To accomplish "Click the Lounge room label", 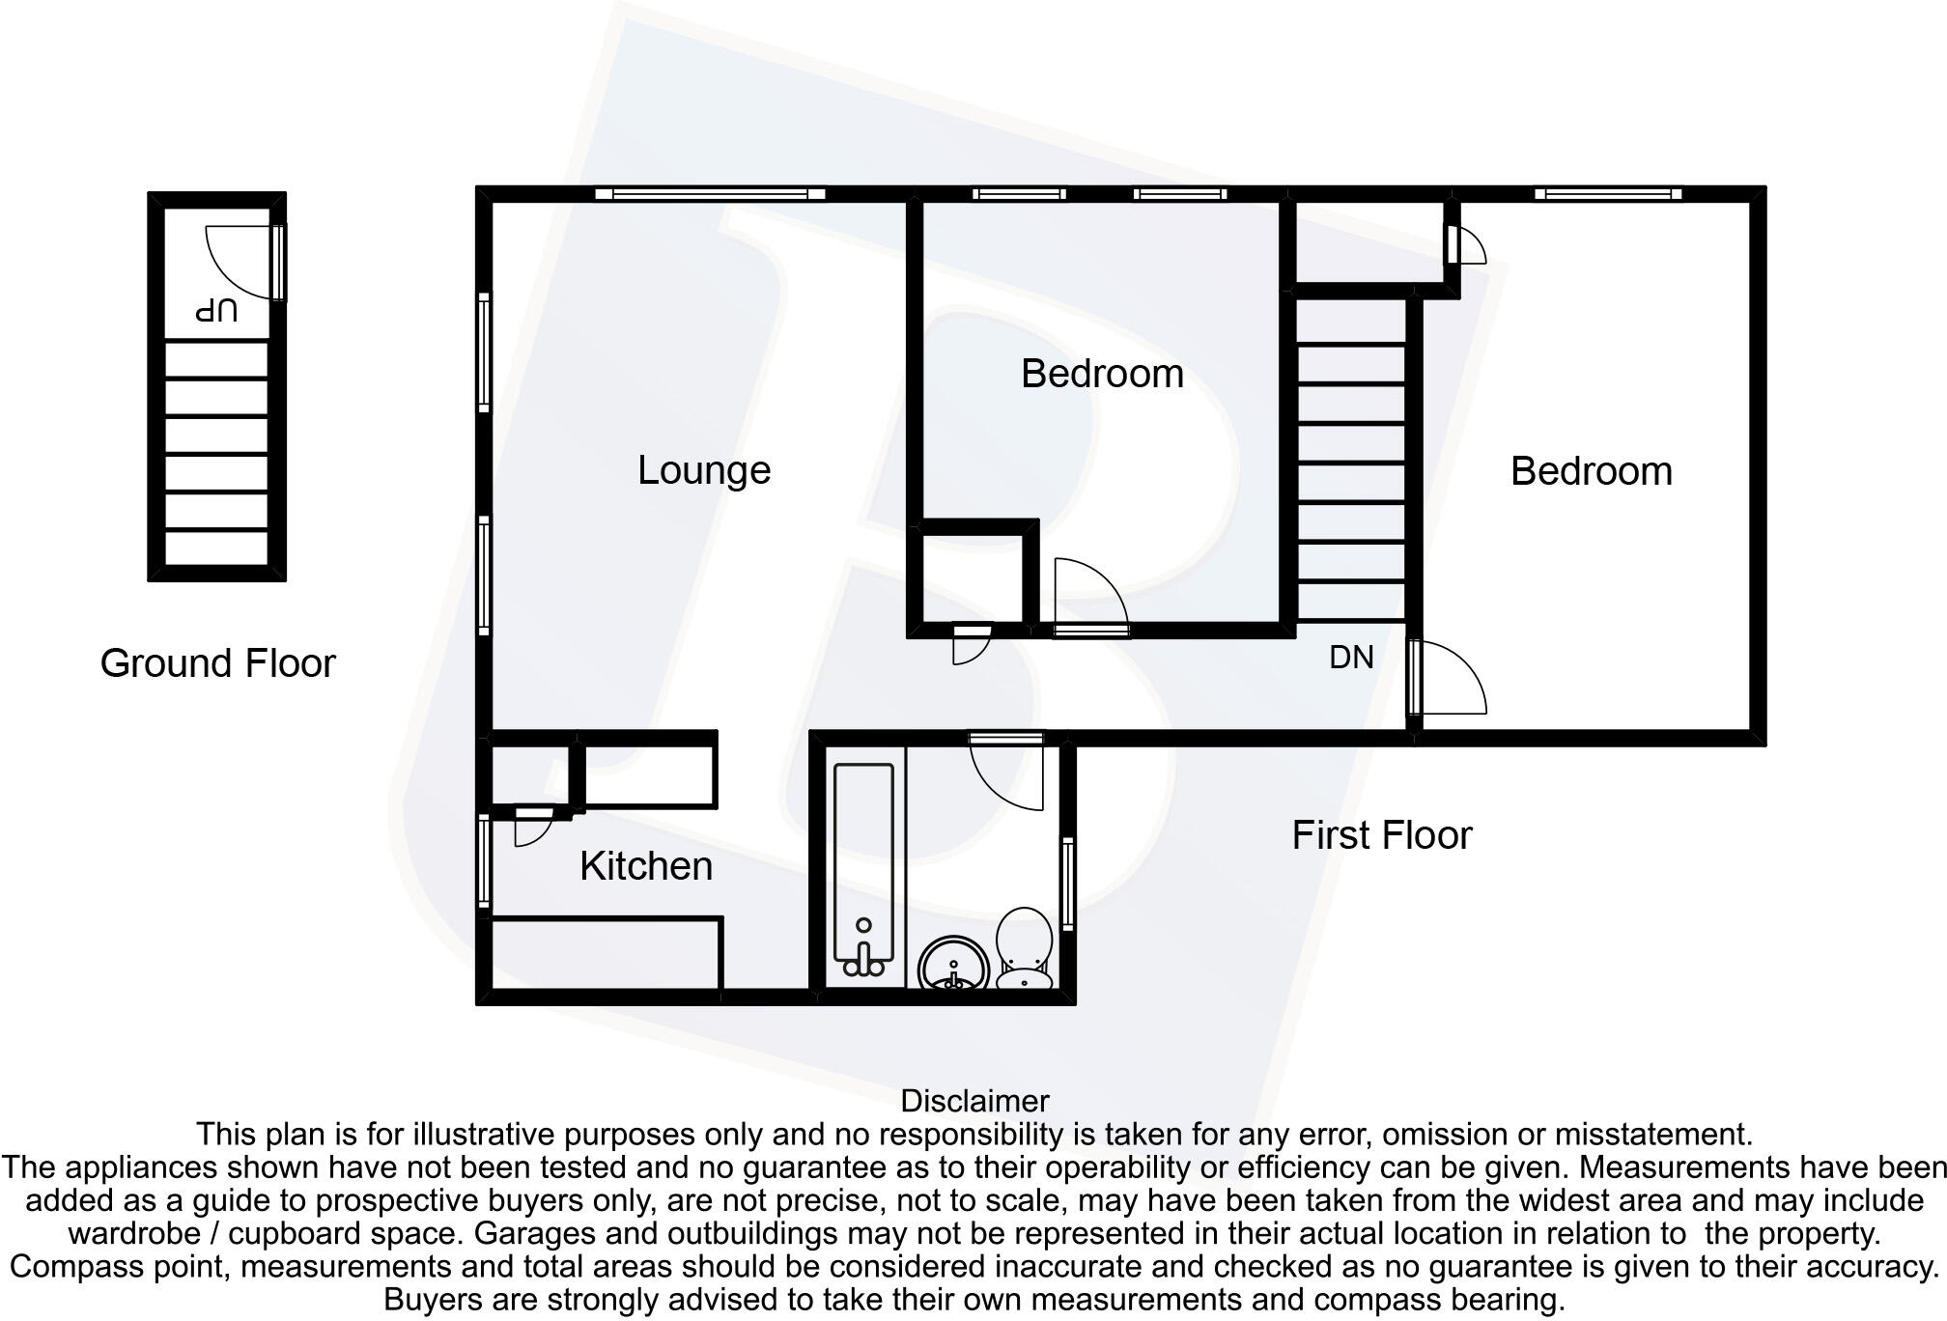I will tap(704, 470).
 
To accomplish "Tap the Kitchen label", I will tap(646, 866).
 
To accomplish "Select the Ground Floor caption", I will tap(217, 663).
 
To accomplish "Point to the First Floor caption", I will tap(1381, 835).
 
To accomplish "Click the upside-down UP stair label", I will tap(216, 311).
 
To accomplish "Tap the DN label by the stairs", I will tap(1351, 658).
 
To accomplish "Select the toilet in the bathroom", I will tap(1024, 946).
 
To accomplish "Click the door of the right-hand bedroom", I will tap(1449, 678).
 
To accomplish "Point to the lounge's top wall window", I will tap(710, 194).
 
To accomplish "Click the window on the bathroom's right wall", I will tap(1068, 883).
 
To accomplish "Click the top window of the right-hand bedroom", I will tap(1608, 194).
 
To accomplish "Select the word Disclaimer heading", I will tap(974, 1101).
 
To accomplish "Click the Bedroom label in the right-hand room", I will tap(1591, 471).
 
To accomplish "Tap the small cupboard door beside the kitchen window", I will tap(531, 827).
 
